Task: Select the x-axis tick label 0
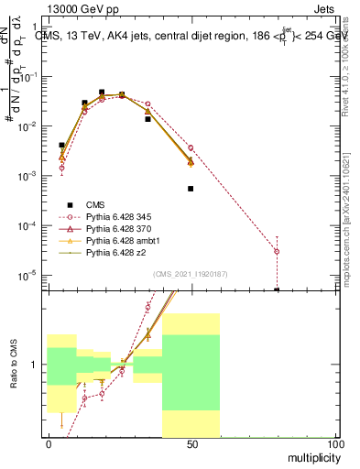(x=48, y=443)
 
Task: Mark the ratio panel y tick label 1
(x=33, y=365)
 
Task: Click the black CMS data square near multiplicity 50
(x=191, y=189)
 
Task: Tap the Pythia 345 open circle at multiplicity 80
(x=277, y=251)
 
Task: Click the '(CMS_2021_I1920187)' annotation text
(x=190, y=274)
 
